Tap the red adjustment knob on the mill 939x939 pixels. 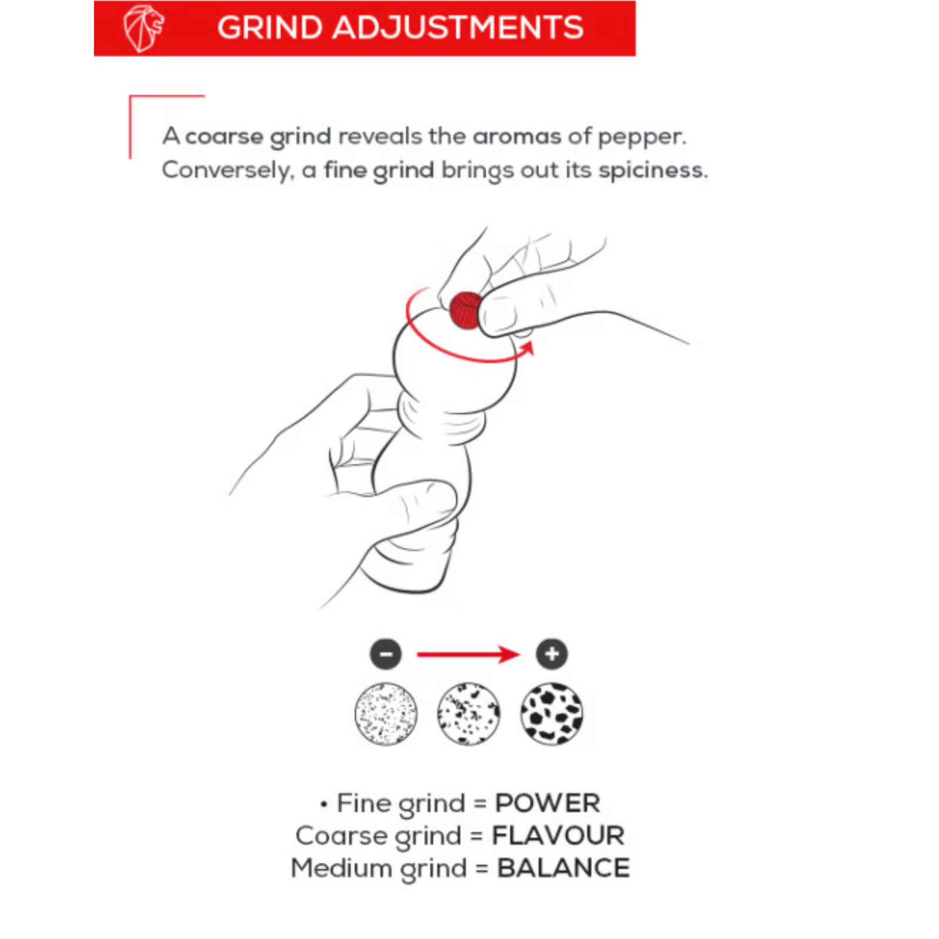(465, 310)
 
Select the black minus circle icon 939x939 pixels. (386, 654)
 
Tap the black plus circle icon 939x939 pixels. (552, 654)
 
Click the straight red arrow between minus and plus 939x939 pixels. (468, 654)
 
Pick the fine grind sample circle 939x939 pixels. (386, 714)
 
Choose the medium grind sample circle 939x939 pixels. (469, 714)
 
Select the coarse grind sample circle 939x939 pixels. (552, 714)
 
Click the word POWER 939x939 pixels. (548, 803)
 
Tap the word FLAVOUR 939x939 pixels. (558, 836)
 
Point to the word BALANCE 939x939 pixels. (563, 868)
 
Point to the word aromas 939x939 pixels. (517, 137)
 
